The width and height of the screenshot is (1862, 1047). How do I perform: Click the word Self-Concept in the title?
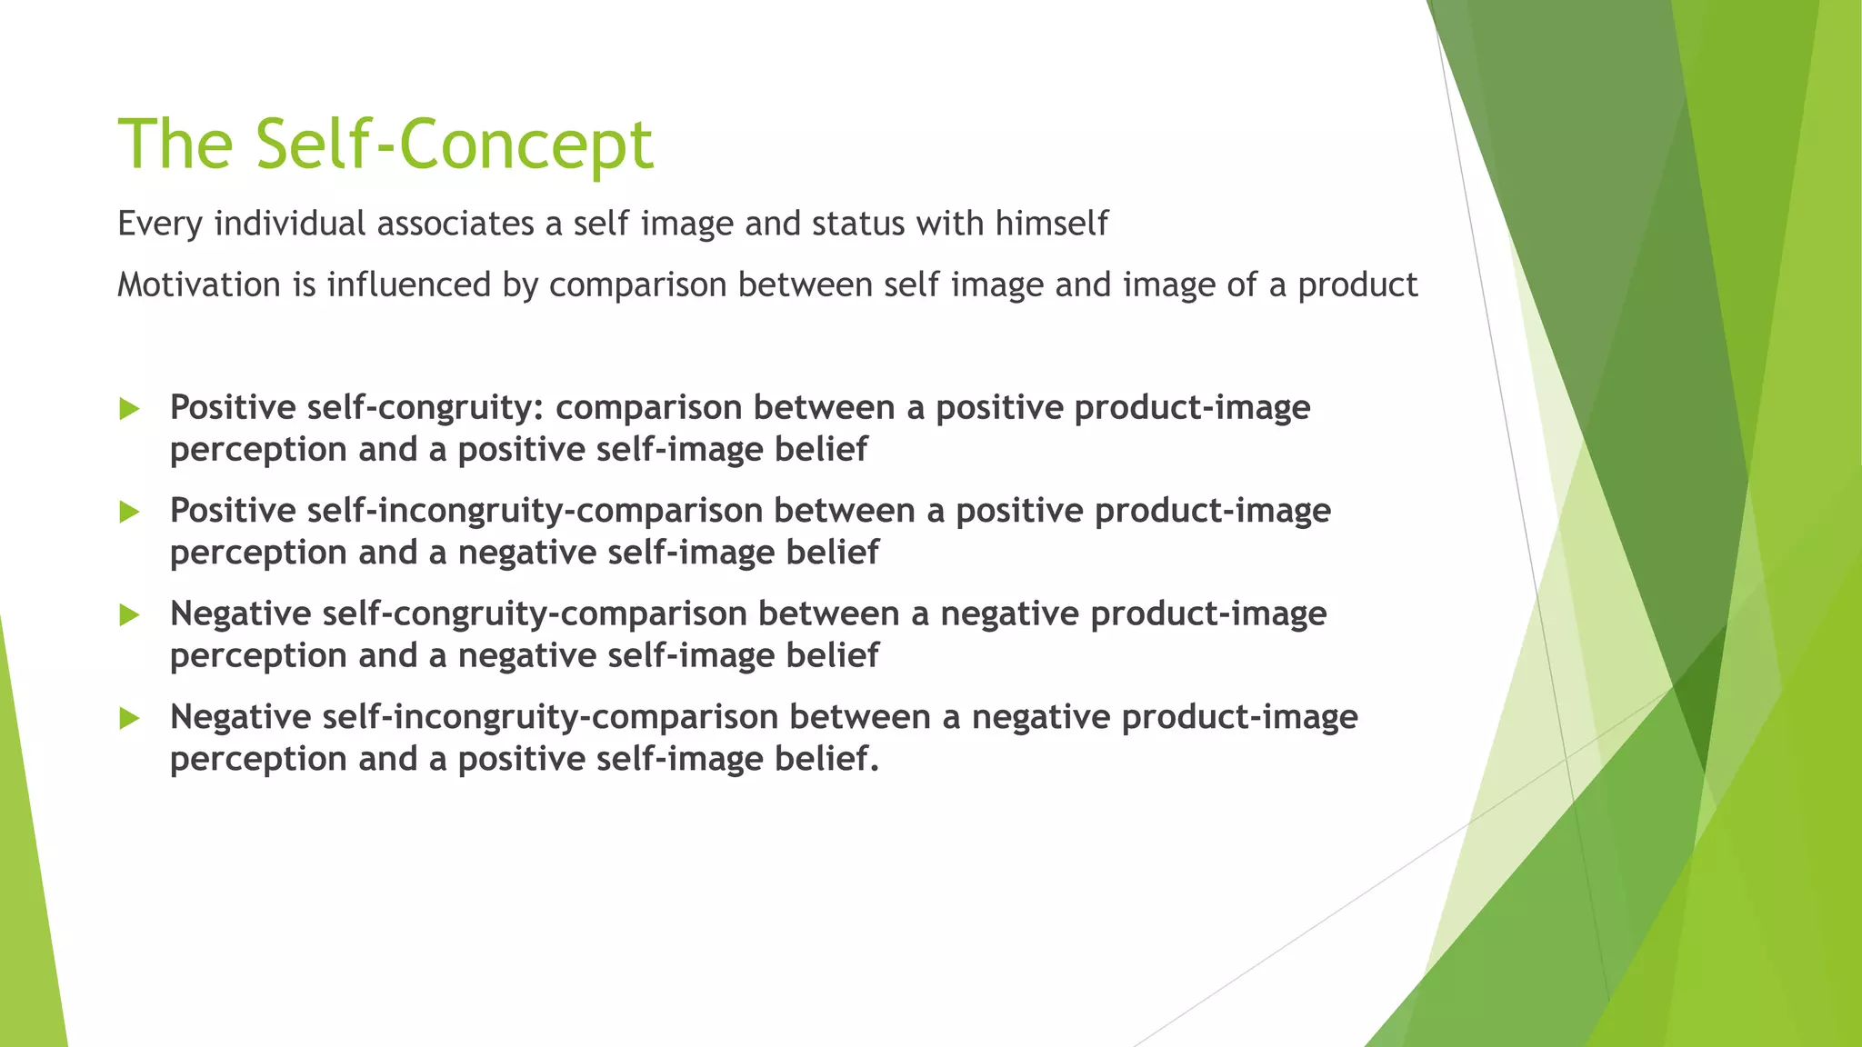coord(454,145)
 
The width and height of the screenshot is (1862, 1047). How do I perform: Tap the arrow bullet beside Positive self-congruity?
coord(129,409)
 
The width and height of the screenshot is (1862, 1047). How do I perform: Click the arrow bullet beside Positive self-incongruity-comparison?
coord(129,512)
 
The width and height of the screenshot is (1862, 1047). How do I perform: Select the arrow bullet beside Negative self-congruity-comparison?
coord(129,615)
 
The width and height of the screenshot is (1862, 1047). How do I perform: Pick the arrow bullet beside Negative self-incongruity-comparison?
coord(129,719)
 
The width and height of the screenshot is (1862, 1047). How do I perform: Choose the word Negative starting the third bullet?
coord(241,613)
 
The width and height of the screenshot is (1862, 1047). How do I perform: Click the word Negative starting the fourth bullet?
coord(241,717)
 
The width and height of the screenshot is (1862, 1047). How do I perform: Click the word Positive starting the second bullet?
coord(233,511)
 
